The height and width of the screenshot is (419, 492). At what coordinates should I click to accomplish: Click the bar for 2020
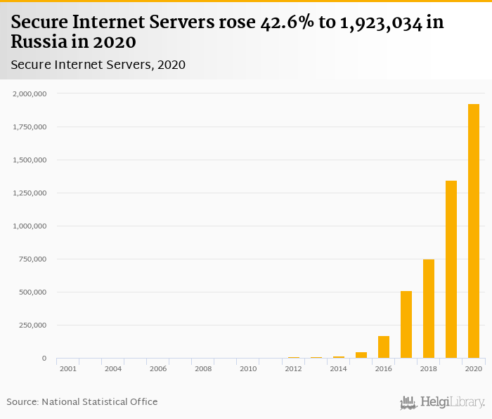tap(474, 231)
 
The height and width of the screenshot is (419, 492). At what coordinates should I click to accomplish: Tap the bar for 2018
tap(429, 309)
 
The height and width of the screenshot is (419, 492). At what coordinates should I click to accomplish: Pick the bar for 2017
tap(406, 324)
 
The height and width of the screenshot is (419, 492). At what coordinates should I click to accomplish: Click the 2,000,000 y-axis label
tap(30, 94)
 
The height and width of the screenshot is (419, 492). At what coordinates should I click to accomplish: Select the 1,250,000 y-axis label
tap(30, 193)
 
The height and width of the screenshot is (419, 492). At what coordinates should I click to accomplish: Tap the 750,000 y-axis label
tap(32, 259)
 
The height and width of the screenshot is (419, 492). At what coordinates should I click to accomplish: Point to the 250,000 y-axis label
tap(32, 325)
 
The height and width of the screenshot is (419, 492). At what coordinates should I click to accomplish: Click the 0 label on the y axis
tap(44, 358)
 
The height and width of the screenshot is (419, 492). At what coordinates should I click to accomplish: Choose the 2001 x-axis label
tap(68, 368)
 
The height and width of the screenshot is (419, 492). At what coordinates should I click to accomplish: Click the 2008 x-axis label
tap(203, 368)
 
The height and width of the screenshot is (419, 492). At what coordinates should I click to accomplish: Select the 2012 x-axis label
tap(293, 368)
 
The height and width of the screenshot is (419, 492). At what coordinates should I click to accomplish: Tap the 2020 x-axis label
tap(473, 368)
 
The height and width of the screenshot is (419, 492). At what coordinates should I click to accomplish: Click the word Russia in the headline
tap(39, 42)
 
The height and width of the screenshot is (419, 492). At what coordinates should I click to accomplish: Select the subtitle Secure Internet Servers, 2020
tap(98, 65)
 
